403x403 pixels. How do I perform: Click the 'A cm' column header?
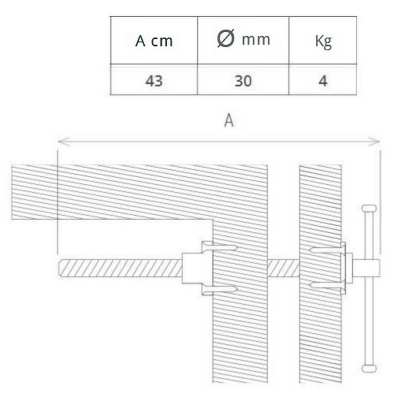(154, 41)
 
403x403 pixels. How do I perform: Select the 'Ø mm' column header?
(243, 39)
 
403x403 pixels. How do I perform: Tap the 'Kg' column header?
(323, 42)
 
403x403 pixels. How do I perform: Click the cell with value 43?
(154, 81)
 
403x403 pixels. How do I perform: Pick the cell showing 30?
(243, 81)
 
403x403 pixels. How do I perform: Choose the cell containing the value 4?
(323, 81)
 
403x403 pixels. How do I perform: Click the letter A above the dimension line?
(229, 121)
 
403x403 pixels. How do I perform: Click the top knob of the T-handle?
(369, 209)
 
